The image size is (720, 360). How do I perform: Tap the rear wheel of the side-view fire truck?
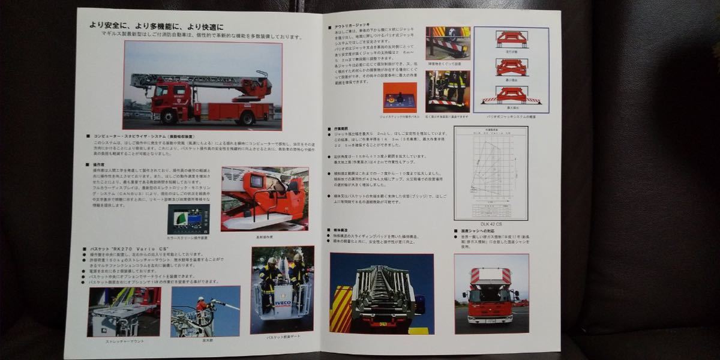[246, 118]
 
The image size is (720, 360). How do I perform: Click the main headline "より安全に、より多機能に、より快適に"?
[156, 26]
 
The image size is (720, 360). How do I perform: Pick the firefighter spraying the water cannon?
[202, 305]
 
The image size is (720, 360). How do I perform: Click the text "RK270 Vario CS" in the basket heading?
[143, 248]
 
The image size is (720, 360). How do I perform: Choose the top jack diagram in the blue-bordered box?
[511, 39]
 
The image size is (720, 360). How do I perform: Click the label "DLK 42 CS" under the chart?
[491, 224]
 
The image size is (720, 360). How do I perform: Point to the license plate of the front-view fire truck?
[491, 322]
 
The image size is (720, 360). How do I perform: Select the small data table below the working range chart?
[491, 209]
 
